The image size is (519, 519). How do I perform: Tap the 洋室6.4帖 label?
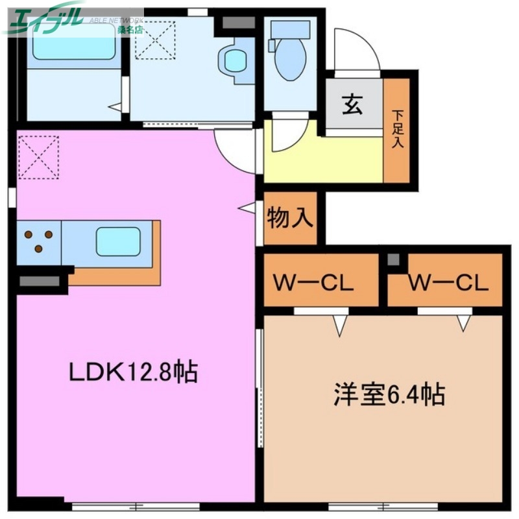click(x=389, y=394)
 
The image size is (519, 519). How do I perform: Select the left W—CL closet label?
click(x=313, y=283)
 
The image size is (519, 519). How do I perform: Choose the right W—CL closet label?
click(x=448, y=283)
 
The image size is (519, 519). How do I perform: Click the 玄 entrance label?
click(x=352, y=104)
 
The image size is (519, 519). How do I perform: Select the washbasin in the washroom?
click(x=233, y=60)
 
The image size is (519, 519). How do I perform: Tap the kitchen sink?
click(x=118, y=241)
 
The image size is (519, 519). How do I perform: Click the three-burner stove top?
click(x=39, y=241)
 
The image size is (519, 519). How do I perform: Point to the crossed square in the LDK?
click(x=38, y=156)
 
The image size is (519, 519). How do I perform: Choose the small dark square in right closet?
click(x=393, y=259)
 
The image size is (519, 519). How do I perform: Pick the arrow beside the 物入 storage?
click(x=247, y=208)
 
